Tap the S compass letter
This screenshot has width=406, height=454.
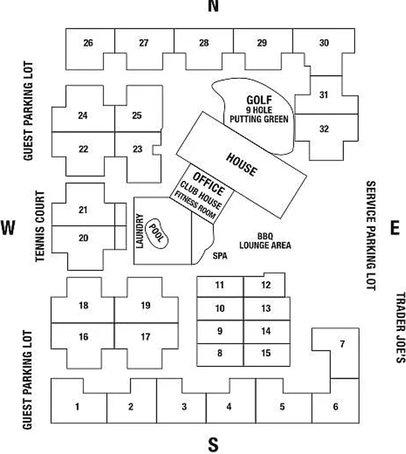[213, 445]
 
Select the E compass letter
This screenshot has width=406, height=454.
[395, 228]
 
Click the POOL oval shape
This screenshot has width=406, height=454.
[157, 235]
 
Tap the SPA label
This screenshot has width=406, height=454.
[220, 256]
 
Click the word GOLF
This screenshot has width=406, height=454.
[259, 101]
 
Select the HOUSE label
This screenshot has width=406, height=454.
[241, 164]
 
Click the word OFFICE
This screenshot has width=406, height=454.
[208, 183]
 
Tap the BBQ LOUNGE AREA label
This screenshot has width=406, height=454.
[265, 241]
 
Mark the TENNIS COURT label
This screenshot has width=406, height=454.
[40, 226]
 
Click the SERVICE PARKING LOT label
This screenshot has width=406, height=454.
[370, 236]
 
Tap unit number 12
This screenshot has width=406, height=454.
[266, 285]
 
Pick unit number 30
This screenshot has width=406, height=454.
[324, 43]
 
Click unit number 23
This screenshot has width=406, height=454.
[137, 149]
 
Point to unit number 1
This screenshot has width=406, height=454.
[77, 407]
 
